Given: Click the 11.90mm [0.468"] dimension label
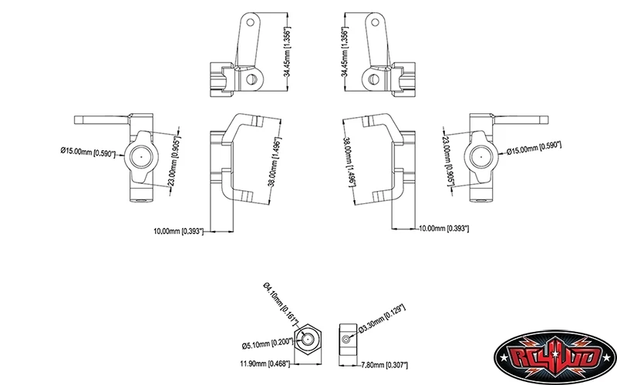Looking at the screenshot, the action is (265, 363).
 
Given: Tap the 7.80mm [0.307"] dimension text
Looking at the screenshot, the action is (384, 365).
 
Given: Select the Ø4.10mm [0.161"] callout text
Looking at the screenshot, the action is (281, 302).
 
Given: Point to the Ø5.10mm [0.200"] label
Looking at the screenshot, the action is (268, 343).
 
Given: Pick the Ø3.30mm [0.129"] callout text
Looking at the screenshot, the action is (382, 319).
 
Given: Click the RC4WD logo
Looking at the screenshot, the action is (555, 357).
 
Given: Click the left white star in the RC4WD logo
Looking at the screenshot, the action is (503, 358).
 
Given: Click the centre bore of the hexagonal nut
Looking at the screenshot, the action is (308, 338).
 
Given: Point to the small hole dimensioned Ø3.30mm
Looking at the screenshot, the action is (346, 339).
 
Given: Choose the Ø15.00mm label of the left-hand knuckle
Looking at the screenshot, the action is (88, 152).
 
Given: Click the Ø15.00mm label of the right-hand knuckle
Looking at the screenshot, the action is (534, 148).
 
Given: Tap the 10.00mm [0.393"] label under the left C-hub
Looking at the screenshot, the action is (178, 231).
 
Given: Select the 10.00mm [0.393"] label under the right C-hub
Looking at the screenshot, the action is (444, 228).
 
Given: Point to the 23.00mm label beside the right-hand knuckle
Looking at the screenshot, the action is (450, 161).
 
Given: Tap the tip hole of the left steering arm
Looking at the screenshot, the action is (250, 22).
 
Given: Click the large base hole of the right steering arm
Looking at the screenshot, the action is (373, 80).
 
